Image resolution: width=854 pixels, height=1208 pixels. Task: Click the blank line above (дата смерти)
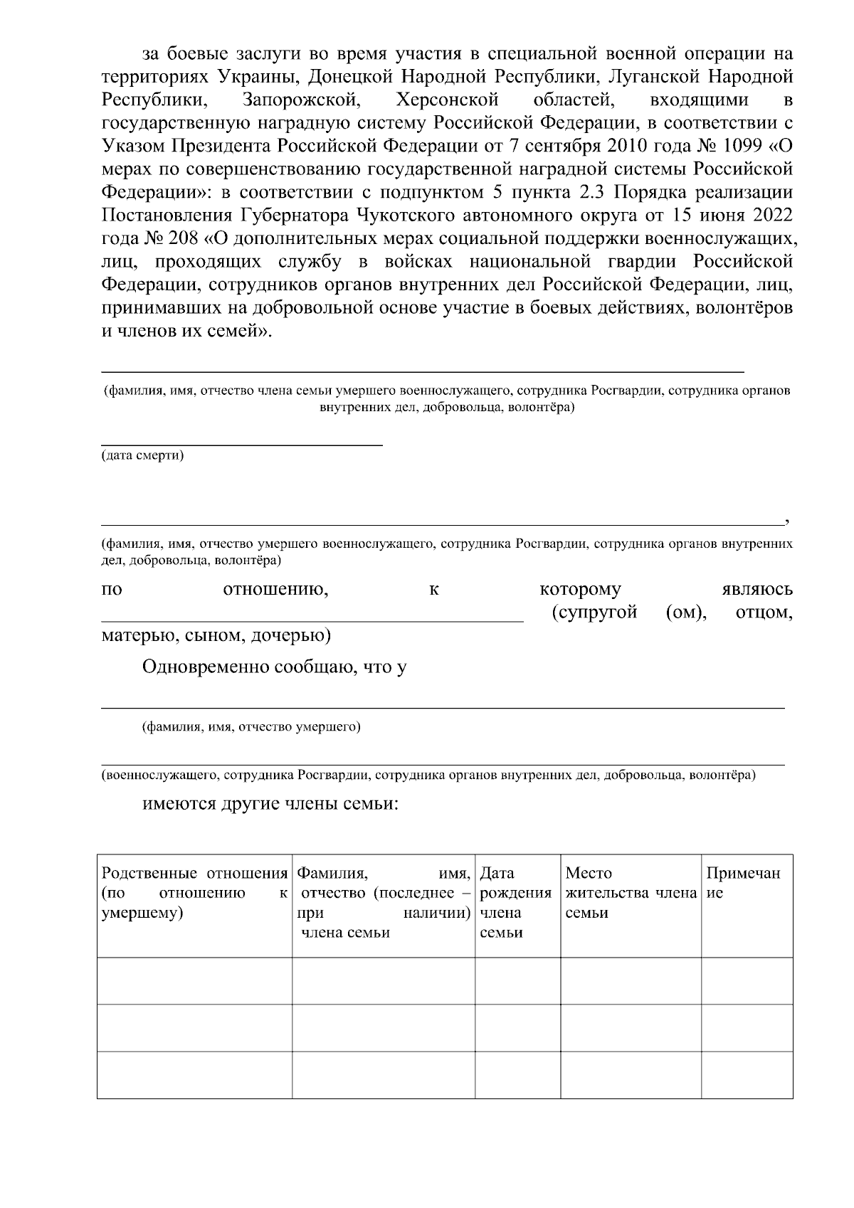[x=241, y=444]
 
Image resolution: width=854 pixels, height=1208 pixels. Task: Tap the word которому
[x=580, y=590]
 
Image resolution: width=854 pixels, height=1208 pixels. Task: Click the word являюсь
[x=757, y=590]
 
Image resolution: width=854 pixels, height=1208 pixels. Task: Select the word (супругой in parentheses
[x=594, y=613]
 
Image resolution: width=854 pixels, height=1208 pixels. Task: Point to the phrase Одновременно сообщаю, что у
[x=275, y=667]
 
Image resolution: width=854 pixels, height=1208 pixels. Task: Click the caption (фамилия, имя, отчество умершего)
[x=251, y=727]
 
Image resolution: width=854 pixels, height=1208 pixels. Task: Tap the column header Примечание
[x=743, y=883]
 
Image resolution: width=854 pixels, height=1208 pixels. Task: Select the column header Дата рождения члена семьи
[x=516, y=902]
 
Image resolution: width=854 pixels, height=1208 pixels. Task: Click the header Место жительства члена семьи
[x=629, y=893]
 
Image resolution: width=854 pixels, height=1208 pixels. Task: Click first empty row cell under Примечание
[x=747, y=980]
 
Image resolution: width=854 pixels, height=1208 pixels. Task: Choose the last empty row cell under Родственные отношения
[x=194, y=1074]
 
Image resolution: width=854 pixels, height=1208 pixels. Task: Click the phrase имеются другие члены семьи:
[x=270, y=805]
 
